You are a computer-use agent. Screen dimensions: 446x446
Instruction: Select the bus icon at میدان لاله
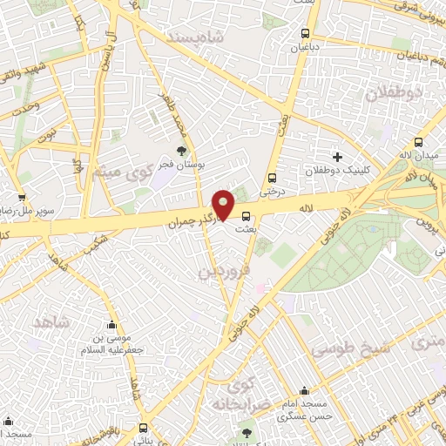(418, 142)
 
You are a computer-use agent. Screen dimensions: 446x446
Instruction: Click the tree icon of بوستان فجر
(181, 152)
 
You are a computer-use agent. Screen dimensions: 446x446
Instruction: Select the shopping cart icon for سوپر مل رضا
(21, 198)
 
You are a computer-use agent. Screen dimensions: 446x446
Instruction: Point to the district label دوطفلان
(401, 92)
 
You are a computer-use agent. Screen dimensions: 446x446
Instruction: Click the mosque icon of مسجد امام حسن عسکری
(301, 391)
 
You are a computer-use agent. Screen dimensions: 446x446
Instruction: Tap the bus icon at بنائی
(143, 428)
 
